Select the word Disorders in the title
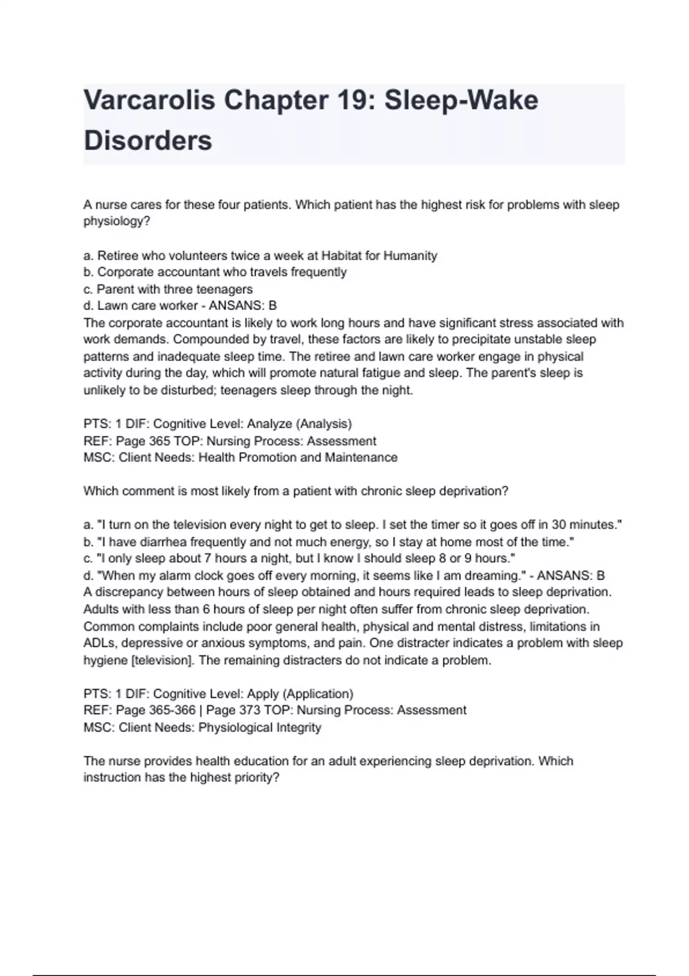coord(148,141)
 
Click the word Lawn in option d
coord(111,306)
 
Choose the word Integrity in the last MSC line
coord(299,727)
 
